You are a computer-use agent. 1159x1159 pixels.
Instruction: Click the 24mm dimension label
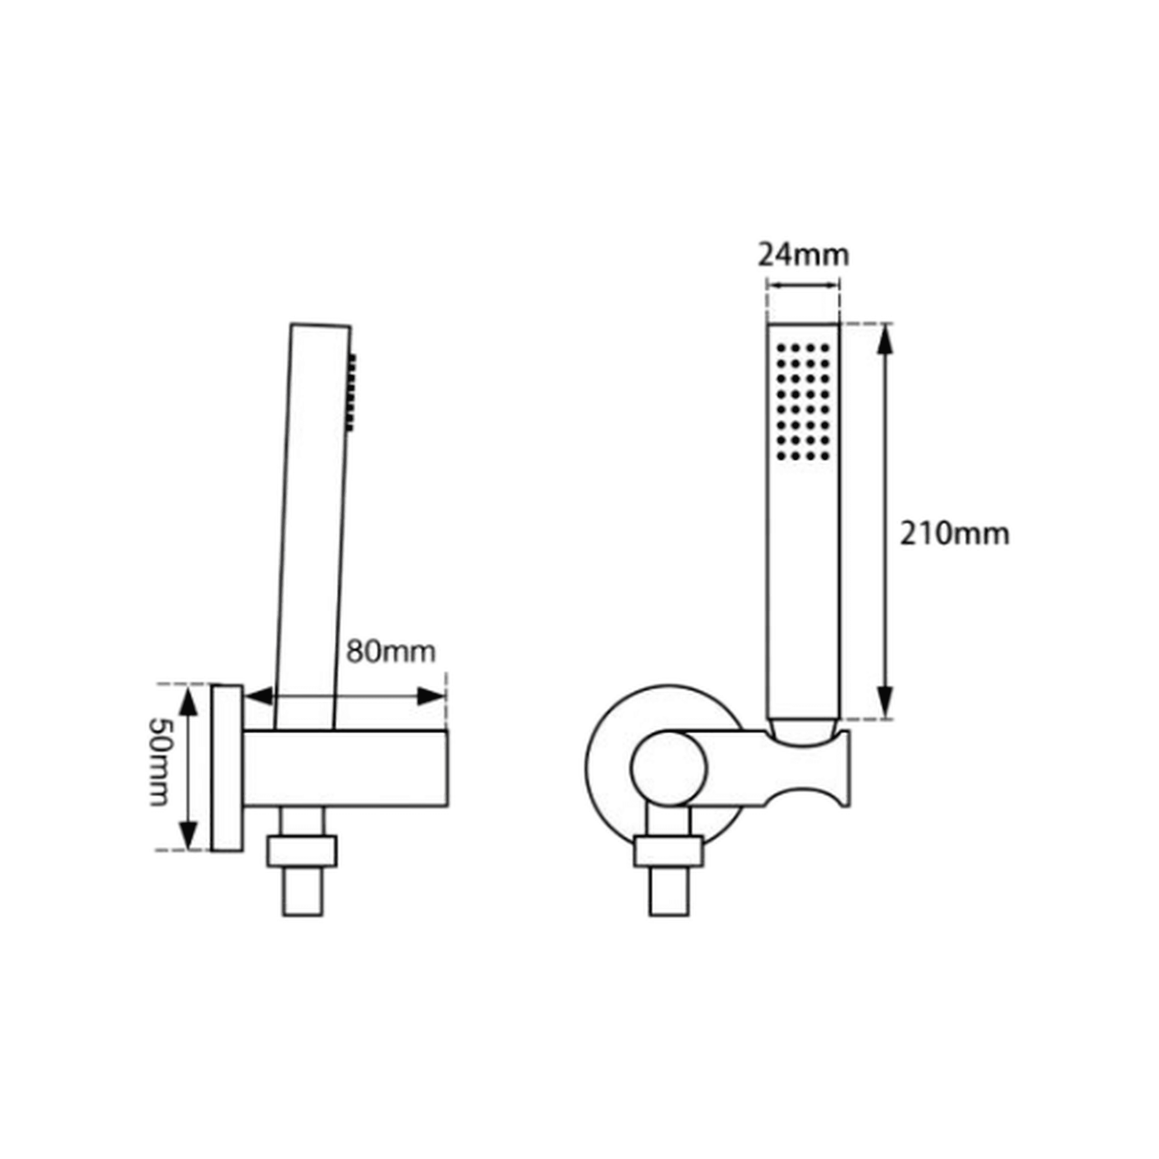coord(803,255)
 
